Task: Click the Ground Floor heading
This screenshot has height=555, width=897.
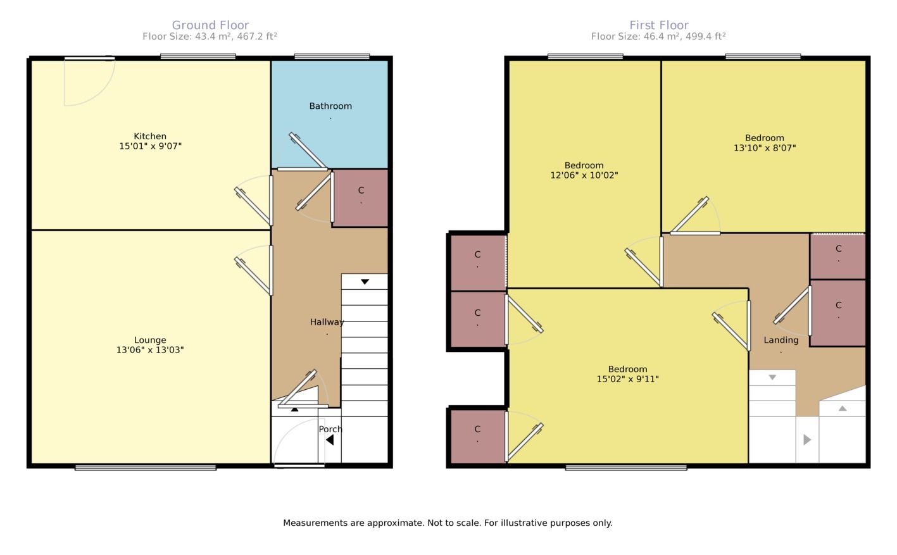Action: [x=210, y=25]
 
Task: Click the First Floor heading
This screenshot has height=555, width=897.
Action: [x=659, y=25]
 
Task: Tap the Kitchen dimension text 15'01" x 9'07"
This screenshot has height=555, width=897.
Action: [x=150, y=146]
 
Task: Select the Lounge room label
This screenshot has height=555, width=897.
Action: [x=150, y=340]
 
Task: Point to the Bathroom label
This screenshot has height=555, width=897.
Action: [x=330, y=106]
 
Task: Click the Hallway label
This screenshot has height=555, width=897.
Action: [x=327, y=322]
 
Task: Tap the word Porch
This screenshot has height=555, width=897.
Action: [x=330, y=429]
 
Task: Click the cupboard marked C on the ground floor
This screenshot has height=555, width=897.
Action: [x=360, y=198]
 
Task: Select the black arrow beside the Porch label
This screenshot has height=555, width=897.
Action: [x=330, y=440]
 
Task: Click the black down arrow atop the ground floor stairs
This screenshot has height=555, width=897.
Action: [x=365, y=282]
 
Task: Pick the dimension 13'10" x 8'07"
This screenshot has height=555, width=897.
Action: [x=765, y=147]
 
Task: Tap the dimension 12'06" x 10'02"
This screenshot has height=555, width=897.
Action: [x=584, y=175]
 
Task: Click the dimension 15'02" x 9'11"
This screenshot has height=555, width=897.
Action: [x=627, y=379]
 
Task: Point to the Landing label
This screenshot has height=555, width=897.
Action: [x=781, y=340]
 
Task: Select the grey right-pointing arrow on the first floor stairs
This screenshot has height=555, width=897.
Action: [x=807, y=440]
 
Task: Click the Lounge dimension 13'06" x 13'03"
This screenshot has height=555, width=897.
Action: [x=150, y=350]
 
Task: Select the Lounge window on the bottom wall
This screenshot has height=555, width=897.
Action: [x=146, y=468]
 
